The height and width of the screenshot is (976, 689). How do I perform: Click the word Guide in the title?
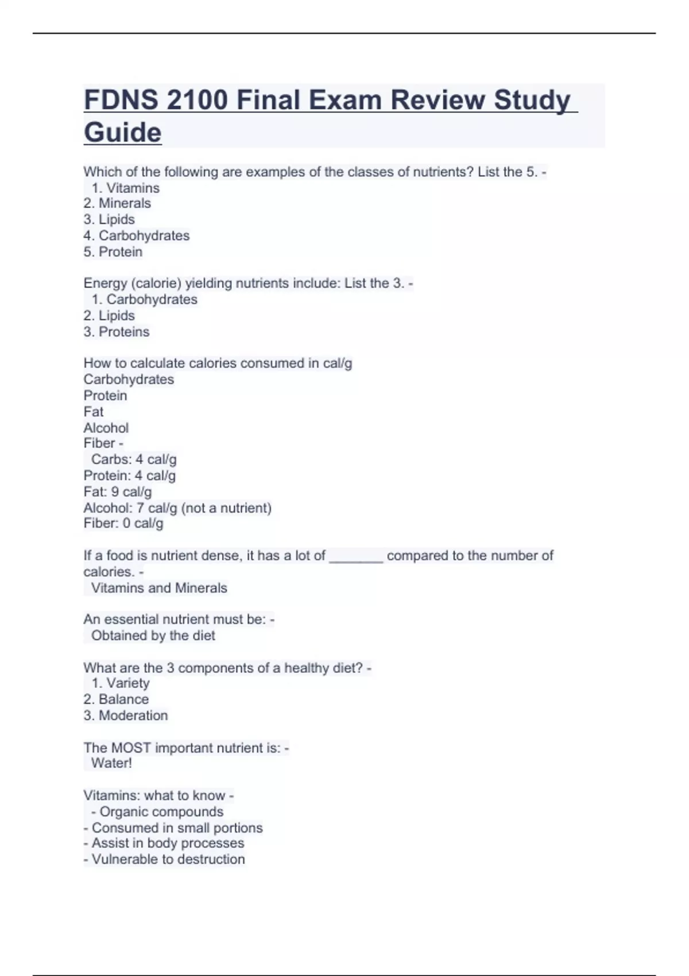click(123, 133)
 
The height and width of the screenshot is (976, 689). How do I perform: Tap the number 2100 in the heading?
click(197, 100)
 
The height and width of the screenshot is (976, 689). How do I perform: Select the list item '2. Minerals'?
click(117, 203)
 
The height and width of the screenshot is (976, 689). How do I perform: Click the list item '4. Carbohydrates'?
click(136, 235)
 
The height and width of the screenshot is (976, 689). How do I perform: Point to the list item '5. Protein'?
click(113, 251)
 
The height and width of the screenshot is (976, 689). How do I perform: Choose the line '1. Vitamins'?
click(125, 188)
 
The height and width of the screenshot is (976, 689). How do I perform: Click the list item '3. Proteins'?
click(116, 332)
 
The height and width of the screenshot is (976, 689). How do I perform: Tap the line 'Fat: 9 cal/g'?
click(118, 492)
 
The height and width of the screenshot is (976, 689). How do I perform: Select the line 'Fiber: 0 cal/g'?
click(123, 524)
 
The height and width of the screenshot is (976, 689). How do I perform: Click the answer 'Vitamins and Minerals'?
click(159, 588)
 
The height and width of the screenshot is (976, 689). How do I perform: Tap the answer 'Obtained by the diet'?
click(153, 636)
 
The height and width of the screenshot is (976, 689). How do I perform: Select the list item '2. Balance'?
click(116, 699)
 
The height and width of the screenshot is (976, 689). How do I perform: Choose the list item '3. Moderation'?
click(126, 715)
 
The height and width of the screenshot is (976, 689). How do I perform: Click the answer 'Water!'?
click(111, 763)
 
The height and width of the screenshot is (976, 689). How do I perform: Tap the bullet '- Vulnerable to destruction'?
click(164, 859)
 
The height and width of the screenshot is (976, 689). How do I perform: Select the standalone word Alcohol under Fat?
click(106, 428)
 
